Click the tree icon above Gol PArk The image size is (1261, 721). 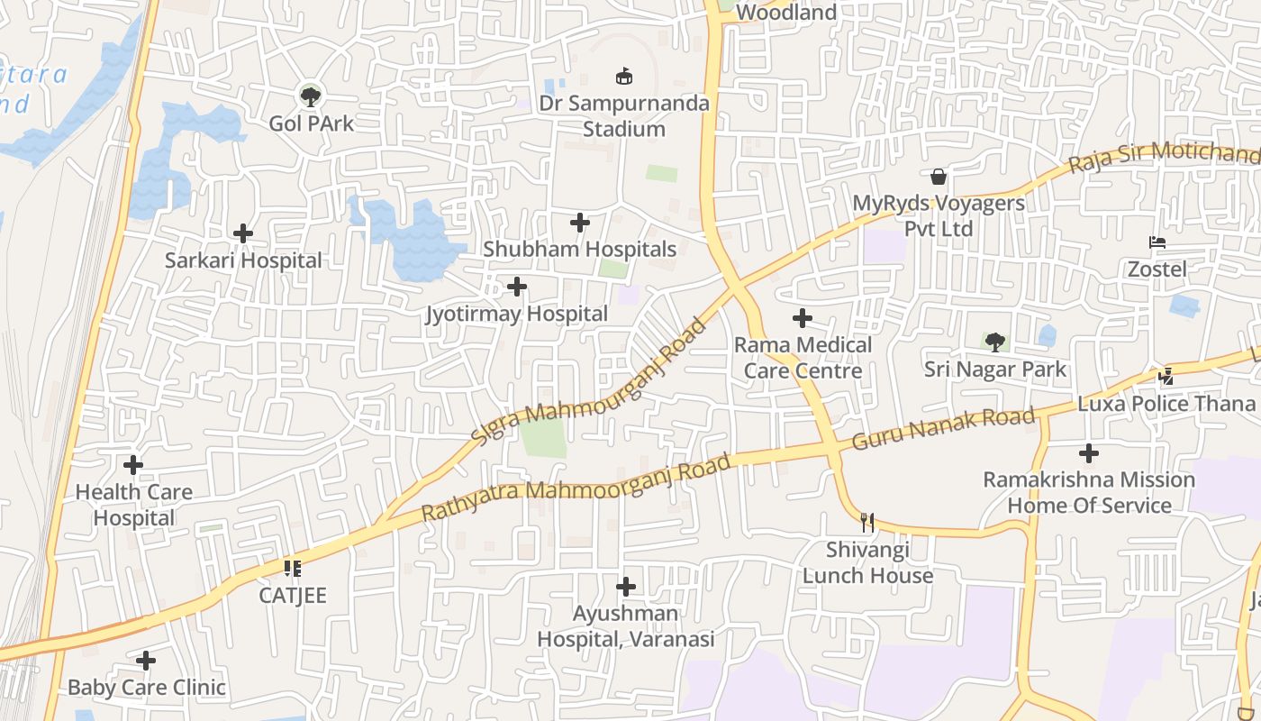[311, 95]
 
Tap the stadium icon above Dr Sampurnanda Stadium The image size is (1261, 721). [623, 76]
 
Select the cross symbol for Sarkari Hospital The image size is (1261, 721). [243, 233]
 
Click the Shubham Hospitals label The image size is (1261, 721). [579, 249]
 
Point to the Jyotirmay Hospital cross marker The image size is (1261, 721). [517, 287]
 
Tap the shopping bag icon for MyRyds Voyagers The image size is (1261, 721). [939, 177]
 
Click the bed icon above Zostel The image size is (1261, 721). [1157, 242]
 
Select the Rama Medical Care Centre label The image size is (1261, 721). [803, 357]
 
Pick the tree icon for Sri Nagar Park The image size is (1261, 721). [995, 342]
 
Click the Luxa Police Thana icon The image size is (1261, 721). [1167, 376]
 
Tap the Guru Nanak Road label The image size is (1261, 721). [943, 429]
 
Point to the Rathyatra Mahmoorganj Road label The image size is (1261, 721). [576, 488]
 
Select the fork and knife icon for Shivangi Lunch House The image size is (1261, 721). [867, 522]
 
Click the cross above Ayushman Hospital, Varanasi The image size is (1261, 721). [626, 587]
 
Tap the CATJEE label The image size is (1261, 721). [293, 595]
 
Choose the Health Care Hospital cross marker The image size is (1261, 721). [133, 465]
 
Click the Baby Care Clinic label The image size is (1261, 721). [147, 687]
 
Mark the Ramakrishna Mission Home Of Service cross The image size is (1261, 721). [1089, 452]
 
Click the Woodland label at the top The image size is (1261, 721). [786, 13]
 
